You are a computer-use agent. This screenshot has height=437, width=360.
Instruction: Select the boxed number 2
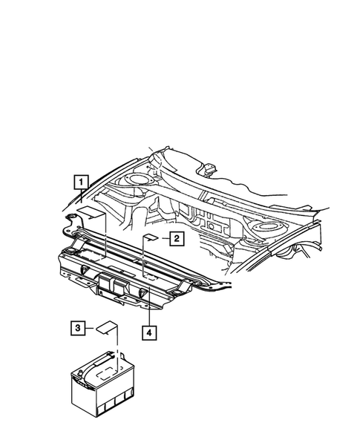pyautogui.click(x=176, y=238)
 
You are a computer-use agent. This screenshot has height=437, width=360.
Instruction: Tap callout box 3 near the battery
pyautogui.click(x=77, y=326)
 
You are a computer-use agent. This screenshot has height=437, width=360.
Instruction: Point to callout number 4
pyautogui.click(x=150, y=333)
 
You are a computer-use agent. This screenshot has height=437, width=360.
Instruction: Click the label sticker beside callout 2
pyautogui.click(x=149, y=237)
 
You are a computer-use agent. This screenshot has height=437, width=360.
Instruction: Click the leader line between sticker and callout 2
pyautogui.click(x=163, y=237)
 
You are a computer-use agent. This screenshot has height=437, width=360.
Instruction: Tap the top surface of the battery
pyautogui.click(x=111, y=375)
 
